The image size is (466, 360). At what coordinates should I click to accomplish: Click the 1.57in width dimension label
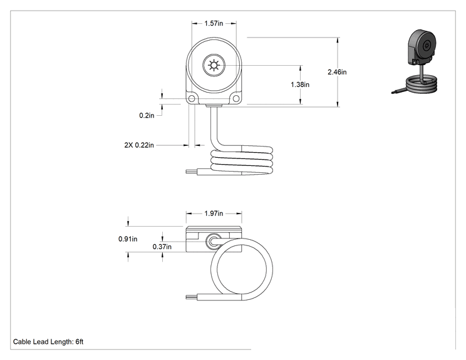(x=214, y=23)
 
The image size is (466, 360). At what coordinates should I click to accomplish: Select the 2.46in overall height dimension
(x=337, y=72)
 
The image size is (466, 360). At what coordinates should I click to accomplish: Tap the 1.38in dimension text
(x=300, y=85)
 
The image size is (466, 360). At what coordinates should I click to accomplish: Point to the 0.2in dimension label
(x=147, y=115)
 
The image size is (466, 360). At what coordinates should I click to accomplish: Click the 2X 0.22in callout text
(x=139, y=145)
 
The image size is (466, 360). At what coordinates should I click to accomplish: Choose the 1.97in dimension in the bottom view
(x=214, y=213)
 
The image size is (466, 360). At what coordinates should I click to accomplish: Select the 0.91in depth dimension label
(x=128, y=239)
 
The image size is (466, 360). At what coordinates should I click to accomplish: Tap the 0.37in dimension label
(x=162, y=247)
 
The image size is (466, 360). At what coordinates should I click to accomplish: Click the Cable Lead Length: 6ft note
(x=48, y=342)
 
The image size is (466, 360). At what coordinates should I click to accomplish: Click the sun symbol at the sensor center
(x=214, y=65)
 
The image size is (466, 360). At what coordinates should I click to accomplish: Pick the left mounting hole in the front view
(x=192, y=98)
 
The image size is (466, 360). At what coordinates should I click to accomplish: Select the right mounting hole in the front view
(x=236, y=98)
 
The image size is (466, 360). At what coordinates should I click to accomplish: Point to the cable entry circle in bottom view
(x=213, y=242)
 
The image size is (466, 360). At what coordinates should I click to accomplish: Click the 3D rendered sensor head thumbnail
(x=422, y=47)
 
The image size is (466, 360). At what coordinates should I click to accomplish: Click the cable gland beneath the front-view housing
(x=214, y=105)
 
